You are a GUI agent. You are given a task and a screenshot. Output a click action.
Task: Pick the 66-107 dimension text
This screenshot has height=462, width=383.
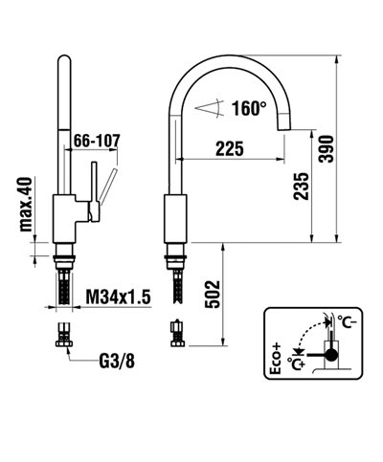pos(99,141)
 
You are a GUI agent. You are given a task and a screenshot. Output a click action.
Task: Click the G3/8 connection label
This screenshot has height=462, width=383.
pos(117,363)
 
